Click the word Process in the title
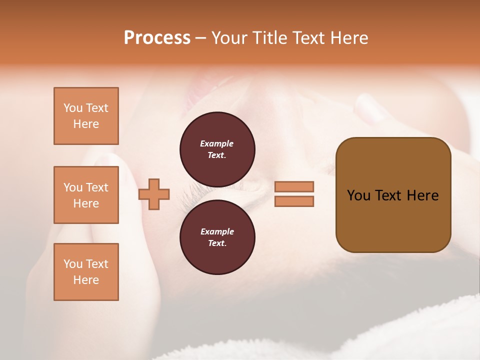click(x=157, y=38)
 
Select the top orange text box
click(x=86, y=116)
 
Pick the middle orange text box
click(x=86, y=195)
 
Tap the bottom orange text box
click(x=86, y=272)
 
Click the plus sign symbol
click(x=154, y=194)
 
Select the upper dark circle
click(x=217, y=149)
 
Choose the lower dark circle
click(x=217, y=237)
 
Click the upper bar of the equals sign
click(x=294, y=187)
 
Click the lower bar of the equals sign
click(x=294, y=201)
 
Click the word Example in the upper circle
click(x=217, y=143)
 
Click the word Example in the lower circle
click(x=217, y=231)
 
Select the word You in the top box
click(x=73, y=108)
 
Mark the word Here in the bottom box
click(x=86, y=280)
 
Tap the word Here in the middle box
click(x=86, y=203)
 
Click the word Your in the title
click(x=230, y=38)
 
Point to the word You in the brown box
click(x=359, y=195)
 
